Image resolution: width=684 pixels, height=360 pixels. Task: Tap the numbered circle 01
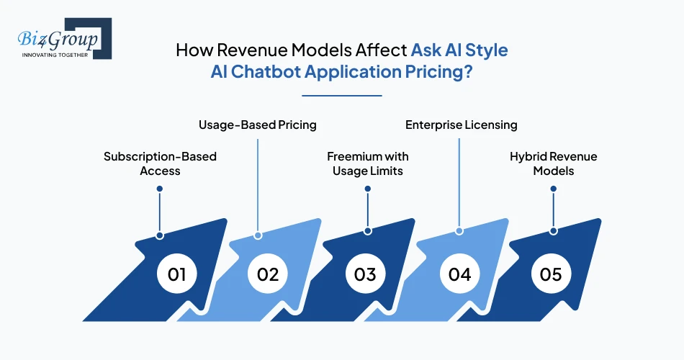(x=177, y=274)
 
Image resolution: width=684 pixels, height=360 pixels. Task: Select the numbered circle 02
(x=268, y=274)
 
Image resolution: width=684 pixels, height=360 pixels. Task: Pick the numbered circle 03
(x=365, y=274)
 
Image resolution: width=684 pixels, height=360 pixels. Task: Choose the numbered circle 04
(x=459, y=274)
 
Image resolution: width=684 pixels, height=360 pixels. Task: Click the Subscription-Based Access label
(x=160, y=163)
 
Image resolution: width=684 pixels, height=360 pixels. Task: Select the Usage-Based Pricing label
(x=258, y=125)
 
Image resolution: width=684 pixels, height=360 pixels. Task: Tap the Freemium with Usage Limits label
(x=367, y=163)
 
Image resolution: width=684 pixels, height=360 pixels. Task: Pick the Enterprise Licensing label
(x=461, y=125)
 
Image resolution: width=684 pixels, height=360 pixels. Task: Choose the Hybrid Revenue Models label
(x=553, y=163)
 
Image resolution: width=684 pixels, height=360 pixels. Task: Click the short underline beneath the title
(x=341, y=95)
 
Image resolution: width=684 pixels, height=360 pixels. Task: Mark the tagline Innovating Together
(x=55, y=55)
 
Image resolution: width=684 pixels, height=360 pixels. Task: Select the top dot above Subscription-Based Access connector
(x=160, y=189)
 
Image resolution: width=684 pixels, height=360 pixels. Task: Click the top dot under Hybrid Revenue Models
(x=553, y=189)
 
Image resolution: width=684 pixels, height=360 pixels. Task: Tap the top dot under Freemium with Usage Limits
(x=367, y=189)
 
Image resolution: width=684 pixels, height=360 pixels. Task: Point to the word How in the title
(x=192, y=51)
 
